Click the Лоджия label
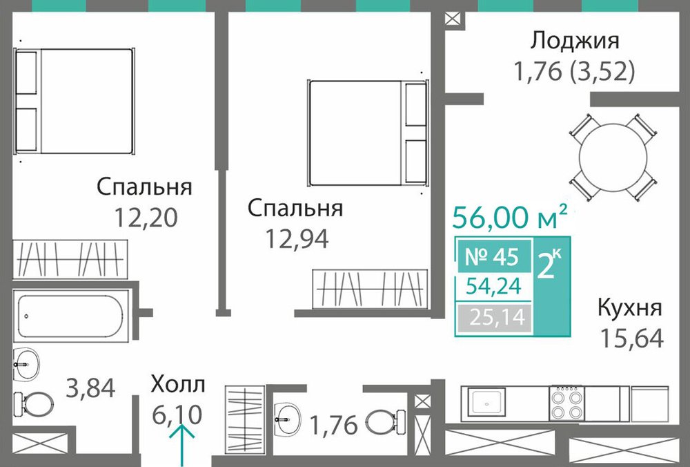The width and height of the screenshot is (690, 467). click(x=575, y=41)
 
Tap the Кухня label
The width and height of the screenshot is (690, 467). click(x=629, y=308)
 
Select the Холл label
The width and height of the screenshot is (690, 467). click(x=178, y=384)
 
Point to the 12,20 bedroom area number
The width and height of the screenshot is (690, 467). click(x=146, y=218)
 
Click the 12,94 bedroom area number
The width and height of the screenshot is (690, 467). click(x=296, y=239)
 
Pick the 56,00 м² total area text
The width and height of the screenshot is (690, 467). click(x=510, y=217)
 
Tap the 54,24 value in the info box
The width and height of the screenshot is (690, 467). click(x=494, y=287)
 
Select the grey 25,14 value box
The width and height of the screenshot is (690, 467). click(x=494, y=317)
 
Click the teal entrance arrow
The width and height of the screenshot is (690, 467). click(x=182, y=444)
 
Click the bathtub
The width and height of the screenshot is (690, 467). click(x=71, y=316)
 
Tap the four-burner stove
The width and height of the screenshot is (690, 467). click(x=566, y=403)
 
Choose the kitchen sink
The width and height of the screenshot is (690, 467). click(x=486, y=403)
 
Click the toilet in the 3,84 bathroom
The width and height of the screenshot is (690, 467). click(x=33, y=402)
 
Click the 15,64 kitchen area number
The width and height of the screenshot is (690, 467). click(x=631, y=338)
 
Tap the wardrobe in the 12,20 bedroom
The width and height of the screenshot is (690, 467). click(x=70, y=260)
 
